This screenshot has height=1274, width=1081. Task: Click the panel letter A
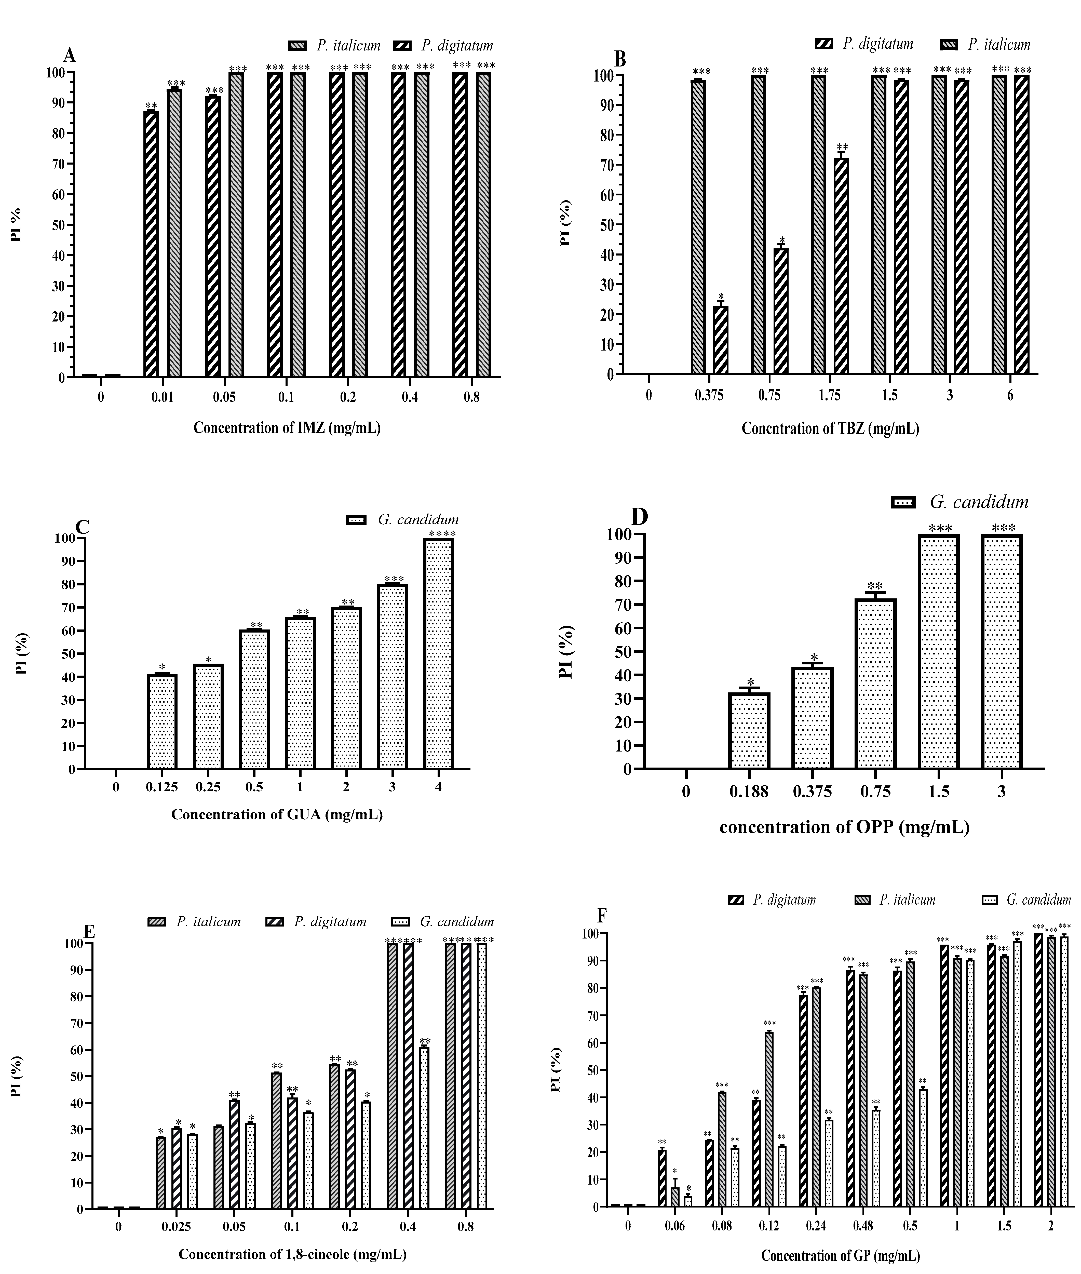coord(70,56)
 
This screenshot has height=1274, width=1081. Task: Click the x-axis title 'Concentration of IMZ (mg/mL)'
coord(287,428)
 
